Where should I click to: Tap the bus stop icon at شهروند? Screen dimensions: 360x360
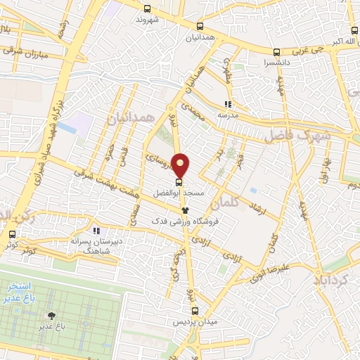pyautogui.click(x=147, y=9)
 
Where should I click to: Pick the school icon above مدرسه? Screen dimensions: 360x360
pyautogui.click(x=226, y=103)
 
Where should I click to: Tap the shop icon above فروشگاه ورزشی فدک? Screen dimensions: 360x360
pyautogui.click(x=184, y=209)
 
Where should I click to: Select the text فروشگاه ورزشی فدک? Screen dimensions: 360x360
pyautogui.click(x=185, y=220)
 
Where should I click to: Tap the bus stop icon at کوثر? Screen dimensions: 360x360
pyautogui.click(x=12, y=235)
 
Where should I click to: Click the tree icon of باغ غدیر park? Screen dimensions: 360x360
pyautogui.click(x=50, y=316)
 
